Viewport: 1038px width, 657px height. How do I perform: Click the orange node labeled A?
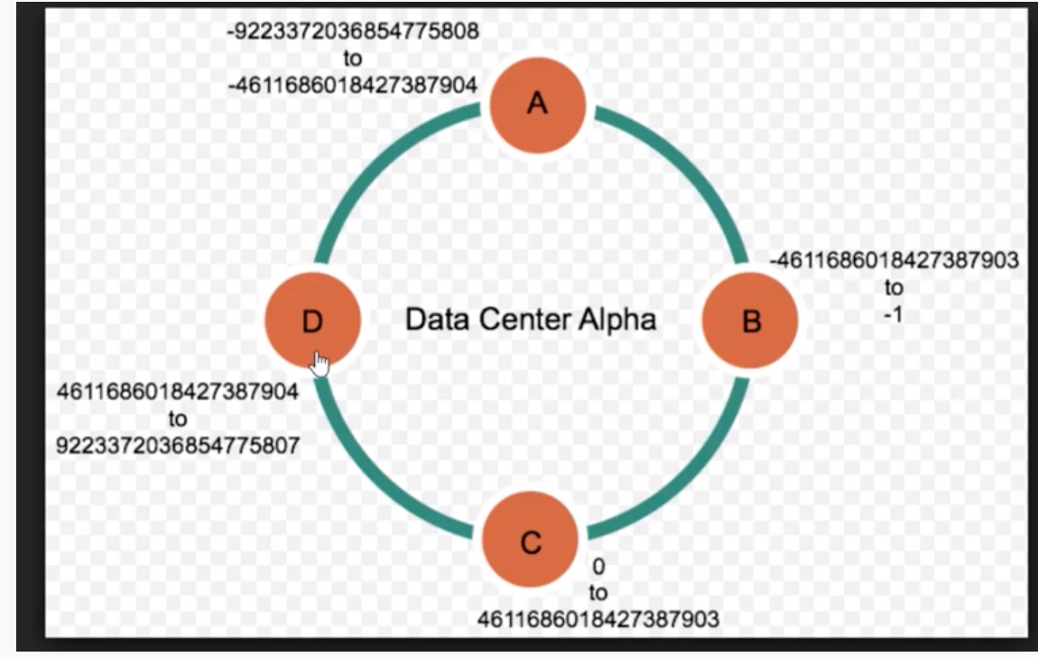click(x=538, y=105)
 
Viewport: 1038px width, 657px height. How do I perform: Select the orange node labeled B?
click(x=750, y=321)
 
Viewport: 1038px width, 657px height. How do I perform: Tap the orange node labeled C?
click(x=530, y=542)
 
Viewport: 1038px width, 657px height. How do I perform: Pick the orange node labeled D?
click(x=312, y=321)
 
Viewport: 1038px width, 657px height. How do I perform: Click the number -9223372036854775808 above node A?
click(x=353, y=32)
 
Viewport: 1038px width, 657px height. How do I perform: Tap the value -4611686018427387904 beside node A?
click(x=353, y=84)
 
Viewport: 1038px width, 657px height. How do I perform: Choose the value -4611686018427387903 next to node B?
click(x=894, y=261)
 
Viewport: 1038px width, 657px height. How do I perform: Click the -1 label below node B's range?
click(x=894, y=315)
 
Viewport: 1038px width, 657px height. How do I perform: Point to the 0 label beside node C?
click(x=598, y=567)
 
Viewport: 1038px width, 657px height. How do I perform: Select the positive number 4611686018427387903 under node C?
click(x=598, y=619)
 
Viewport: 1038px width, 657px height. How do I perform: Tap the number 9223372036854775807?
click(x=178, y=445)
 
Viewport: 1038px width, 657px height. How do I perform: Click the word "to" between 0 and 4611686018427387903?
click(x=598, y=593)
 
